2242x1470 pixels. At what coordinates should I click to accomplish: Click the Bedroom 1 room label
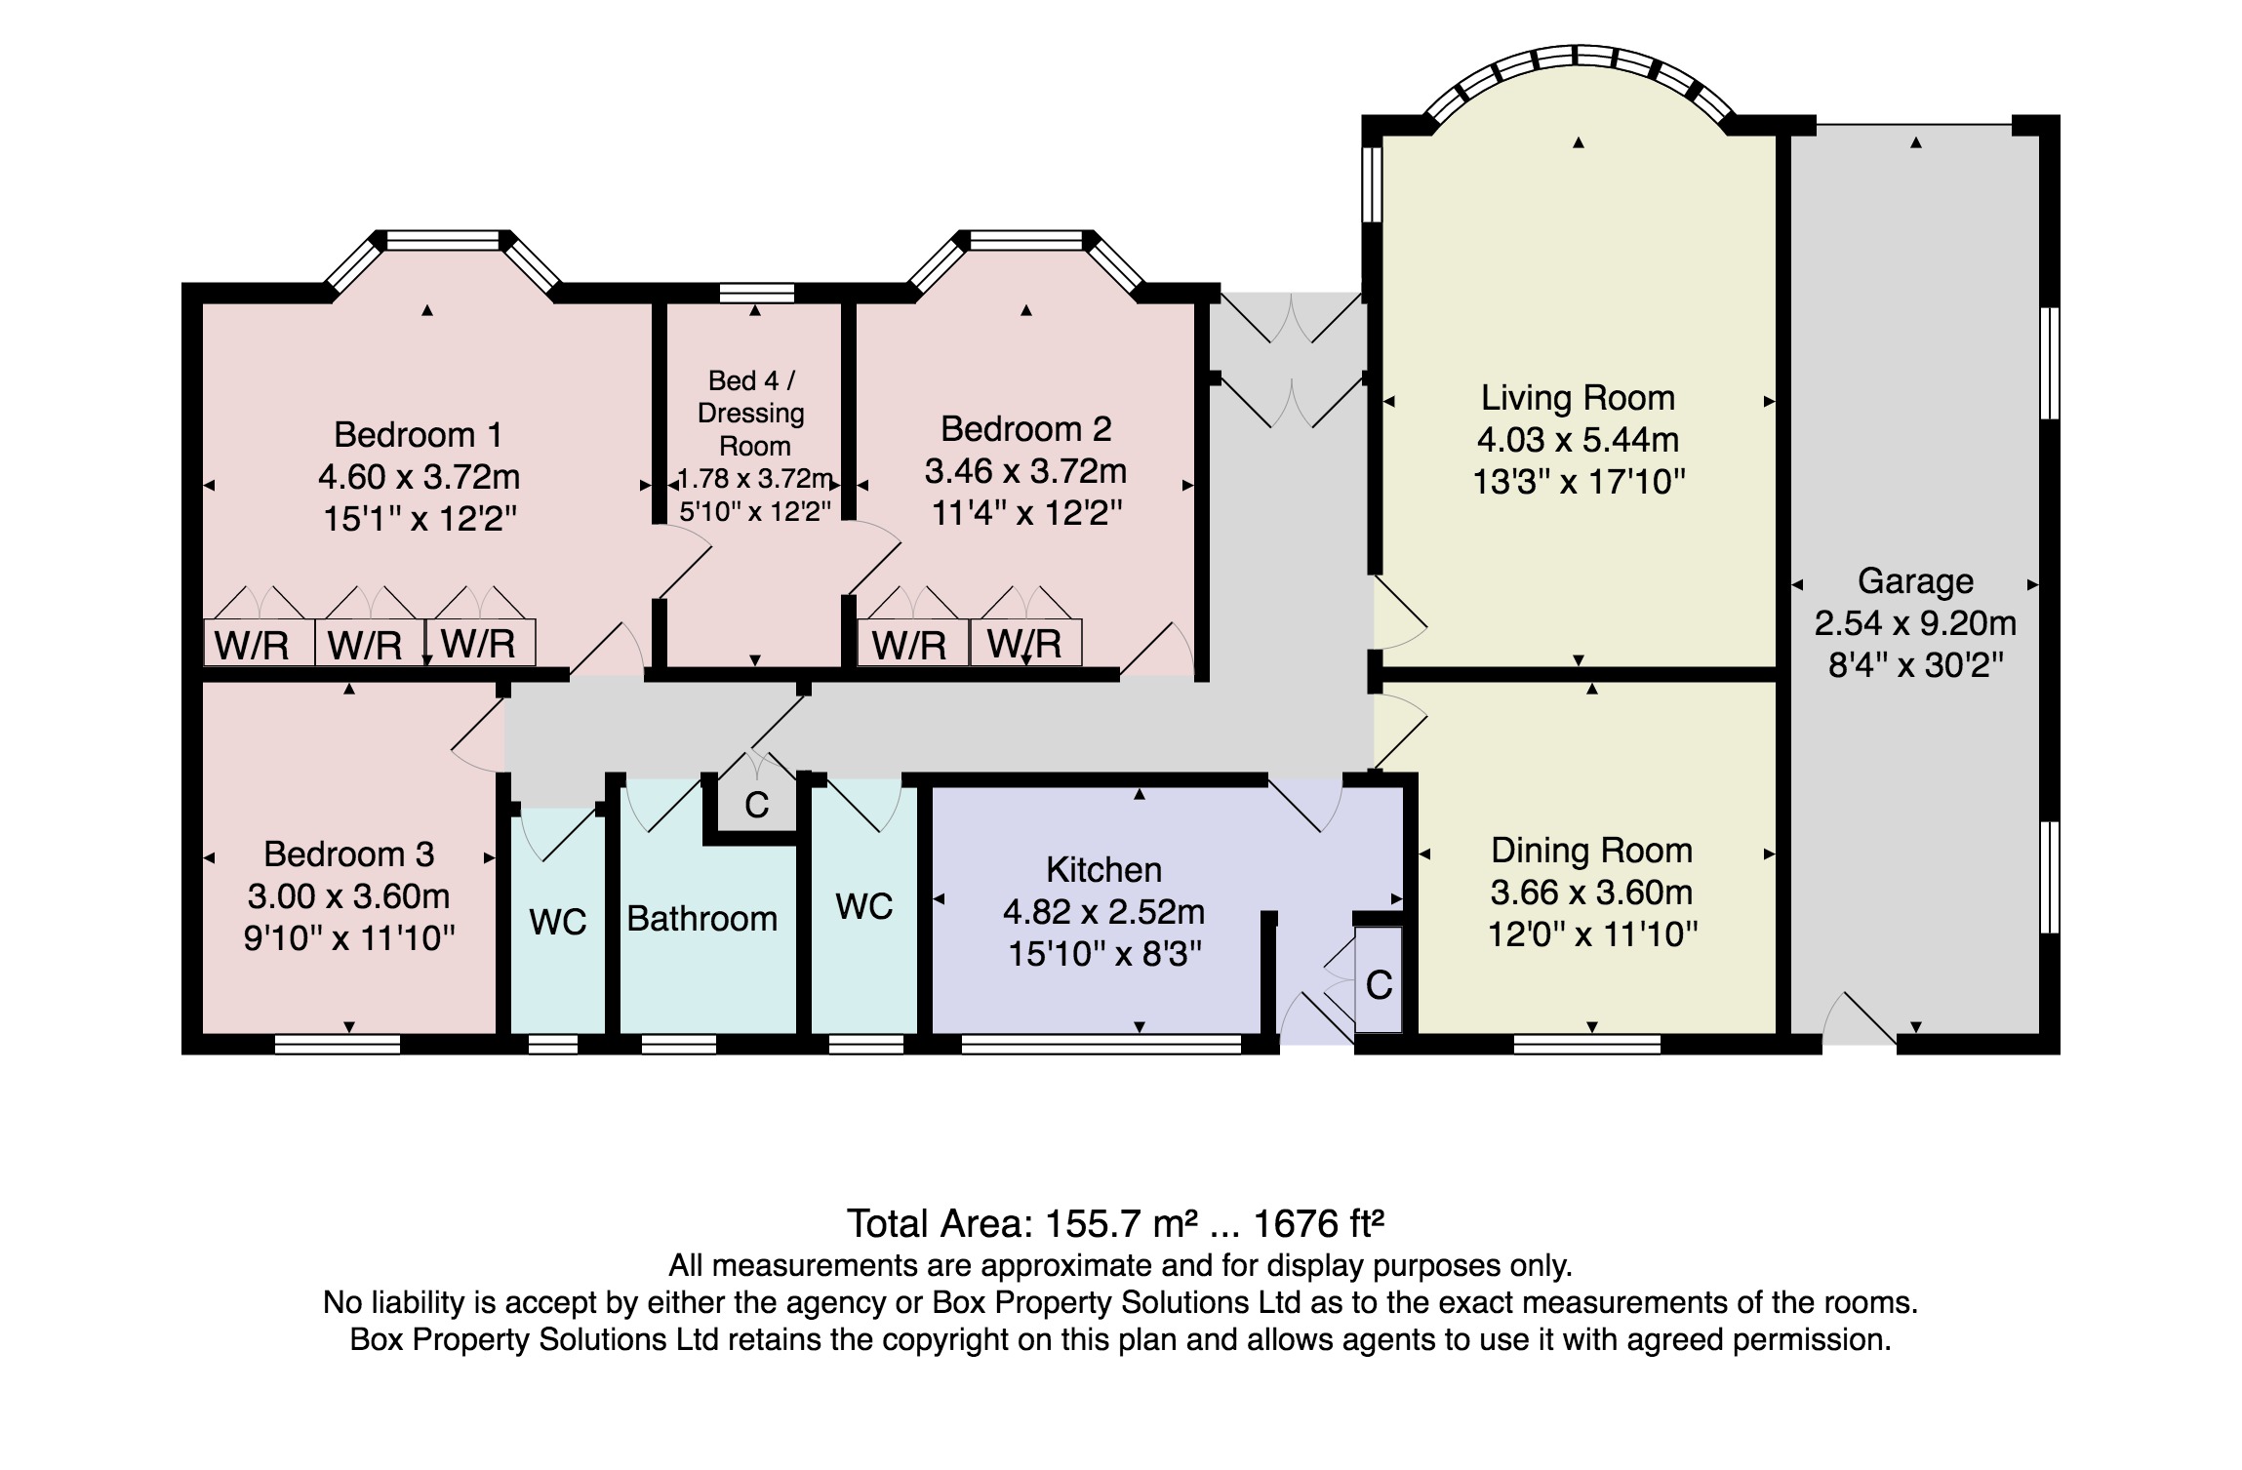(x=419, y=434)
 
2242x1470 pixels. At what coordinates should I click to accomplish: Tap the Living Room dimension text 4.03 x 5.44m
(x=1578, y=440)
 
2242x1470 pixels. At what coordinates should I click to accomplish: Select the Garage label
(x=1915, y=581)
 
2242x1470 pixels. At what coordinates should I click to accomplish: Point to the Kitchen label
(x=1103, y=869)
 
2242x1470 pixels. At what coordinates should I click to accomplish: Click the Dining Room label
(x=1591, y=851)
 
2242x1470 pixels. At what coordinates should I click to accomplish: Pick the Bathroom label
(x=701, y=919)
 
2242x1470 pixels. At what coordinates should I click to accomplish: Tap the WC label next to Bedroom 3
(x=558, y=922)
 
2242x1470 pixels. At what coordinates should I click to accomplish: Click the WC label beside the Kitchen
(x=864, y=907)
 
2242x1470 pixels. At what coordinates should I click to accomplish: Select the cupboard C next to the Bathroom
(x=756, y=805)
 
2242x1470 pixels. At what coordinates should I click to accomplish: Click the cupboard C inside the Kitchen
(x=1379, y=985)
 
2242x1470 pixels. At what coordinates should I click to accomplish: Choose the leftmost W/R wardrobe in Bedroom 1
(x=252, y=645)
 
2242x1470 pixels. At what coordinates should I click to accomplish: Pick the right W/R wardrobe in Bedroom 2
(x=1024, y=644)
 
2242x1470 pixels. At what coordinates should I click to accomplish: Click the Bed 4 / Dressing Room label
(x=752, y=413)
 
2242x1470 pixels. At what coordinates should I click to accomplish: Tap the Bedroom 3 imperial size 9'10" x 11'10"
(x=349, y=938)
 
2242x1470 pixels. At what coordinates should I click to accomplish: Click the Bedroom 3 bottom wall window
(x=338, y=1045)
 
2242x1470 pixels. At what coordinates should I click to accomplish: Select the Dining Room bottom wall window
(x=1587, y=1045)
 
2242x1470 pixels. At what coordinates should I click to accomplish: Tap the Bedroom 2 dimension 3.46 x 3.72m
(x=1025, y=472)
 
